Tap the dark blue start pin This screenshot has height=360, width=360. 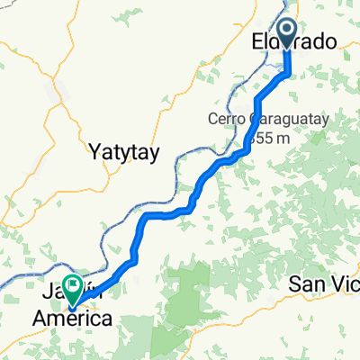288,32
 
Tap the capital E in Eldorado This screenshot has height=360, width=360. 256,41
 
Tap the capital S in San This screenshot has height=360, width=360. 294,284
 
